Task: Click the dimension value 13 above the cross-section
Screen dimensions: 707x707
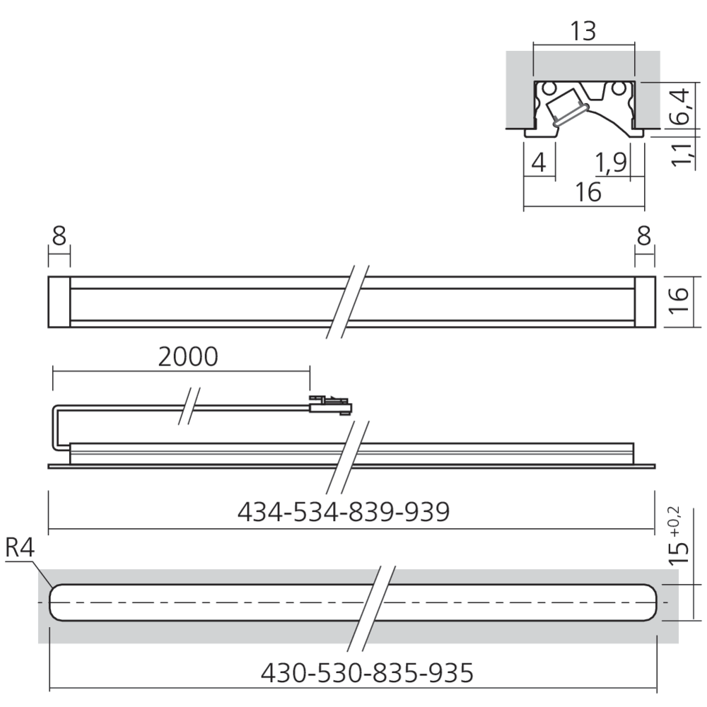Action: point(583,30)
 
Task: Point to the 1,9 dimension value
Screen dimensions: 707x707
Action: point(611,163)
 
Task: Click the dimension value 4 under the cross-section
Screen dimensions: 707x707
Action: point(538,163)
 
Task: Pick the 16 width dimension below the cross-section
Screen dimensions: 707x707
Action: point(583,192)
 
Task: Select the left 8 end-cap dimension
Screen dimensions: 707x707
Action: point(59,236)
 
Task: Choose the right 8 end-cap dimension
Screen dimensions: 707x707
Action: point(644,236)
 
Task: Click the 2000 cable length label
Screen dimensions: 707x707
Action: point(187,358)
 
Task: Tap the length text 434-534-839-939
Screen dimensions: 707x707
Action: point(343,511)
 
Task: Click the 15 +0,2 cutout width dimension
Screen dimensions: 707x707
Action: point(679,537)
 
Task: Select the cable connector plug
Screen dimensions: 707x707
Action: point(329,406)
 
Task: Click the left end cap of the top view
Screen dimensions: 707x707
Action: point(59,302)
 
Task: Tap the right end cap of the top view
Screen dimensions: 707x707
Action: point(644,302)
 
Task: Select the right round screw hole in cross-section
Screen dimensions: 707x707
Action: point(619,89)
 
